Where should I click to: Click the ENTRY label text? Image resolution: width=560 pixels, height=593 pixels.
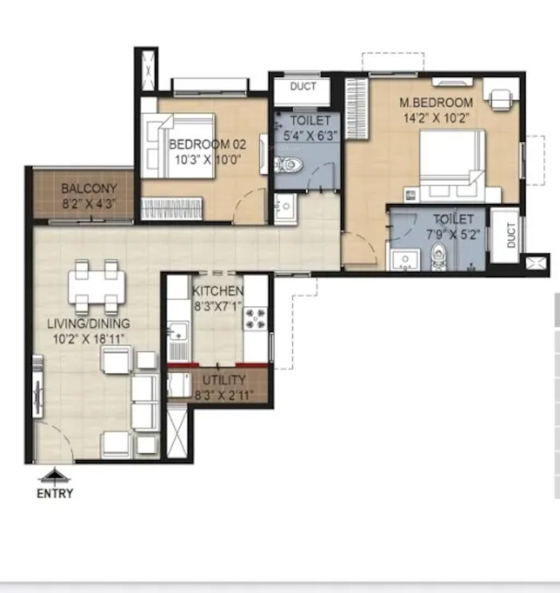click(55, 494)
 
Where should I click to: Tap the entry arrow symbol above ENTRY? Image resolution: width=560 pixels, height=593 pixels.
click(55, 476)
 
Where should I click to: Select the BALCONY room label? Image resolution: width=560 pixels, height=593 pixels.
click(90, 188)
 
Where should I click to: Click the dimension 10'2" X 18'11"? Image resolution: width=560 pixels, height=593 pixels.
click(89, 339)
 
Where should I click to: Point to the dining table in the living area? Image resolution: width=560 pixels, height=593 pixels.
click(97, 286)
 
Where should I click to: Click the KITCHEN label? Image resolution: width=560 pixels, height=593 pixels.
click(218, 290)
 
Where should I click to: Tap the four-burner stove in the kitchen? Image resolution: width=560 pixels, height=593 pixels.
click(255, 319)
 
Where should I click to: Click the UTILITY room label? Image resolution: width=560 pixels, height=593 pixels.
click(224, 380)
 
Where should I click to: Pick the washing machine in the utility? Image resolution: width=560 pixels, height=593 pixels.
click(179, 385)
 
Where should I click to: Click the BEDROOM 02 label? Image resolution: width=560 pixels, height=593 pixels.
click(207, 144)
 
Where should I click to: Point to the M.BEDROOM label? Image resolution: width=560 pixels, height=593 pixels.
click(436, 102)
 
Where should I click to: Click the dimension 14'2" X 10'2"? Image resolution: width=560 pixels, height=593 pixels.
click(436, 118)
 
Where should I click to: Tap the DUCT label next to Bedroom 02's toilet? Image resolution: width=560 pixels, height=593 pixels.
click(303, 86)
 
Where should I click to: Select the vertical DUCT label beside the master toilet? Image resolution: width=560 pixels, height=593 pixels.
click(511, 235)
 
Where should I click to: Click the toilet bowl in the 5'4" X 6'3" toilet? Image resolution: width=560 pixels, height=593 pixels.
click(289, 164)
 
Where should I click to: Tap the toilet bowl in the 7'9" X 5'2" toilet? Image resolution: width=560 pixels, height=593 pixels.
click(438, 257)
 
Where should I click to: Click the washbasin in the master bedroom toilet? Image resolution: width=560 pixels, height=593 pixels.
click(406, 260)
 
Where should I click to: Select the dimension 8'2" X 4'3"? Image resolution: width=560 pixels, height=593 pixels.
click(89, 204)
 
